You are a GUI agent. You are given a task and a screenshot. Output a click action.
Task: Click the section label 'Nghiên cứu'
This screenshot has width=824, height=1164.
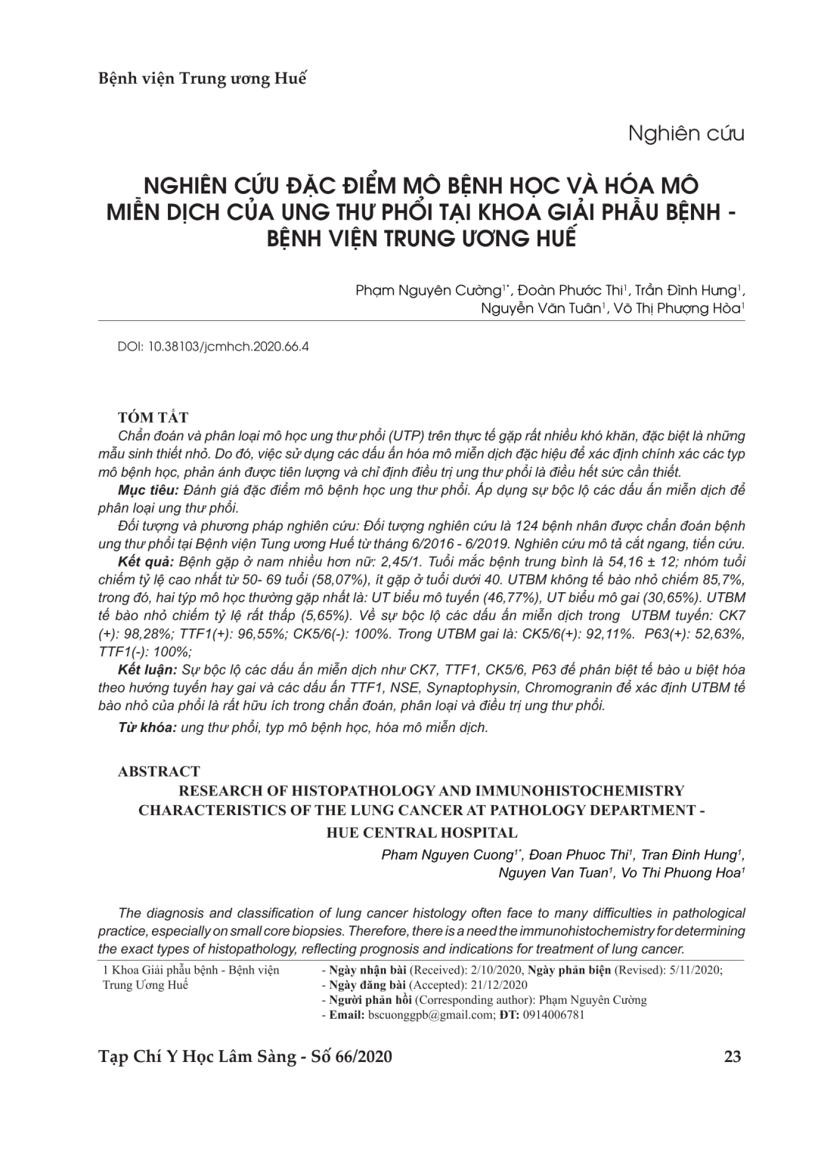point(686,134)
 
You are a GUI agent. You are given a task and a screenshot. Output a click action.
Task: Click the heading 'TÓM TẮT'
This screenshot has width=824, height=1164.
point(153,418)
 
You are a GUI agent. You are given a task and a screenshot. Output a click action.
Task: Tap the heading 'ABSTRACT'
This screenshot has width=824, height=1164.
point(159,771)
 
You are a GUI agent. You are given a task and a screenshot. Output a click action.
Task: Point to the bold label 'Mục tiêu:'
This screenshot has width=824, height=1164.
point(146,490)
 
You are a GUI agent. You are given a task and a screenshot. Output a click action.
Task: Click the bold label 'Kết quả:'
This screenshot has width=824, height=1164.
point(147,563)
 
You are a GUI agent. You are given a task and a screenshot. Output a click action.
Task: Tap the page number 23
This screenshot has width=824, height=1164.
point(732,1056)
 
